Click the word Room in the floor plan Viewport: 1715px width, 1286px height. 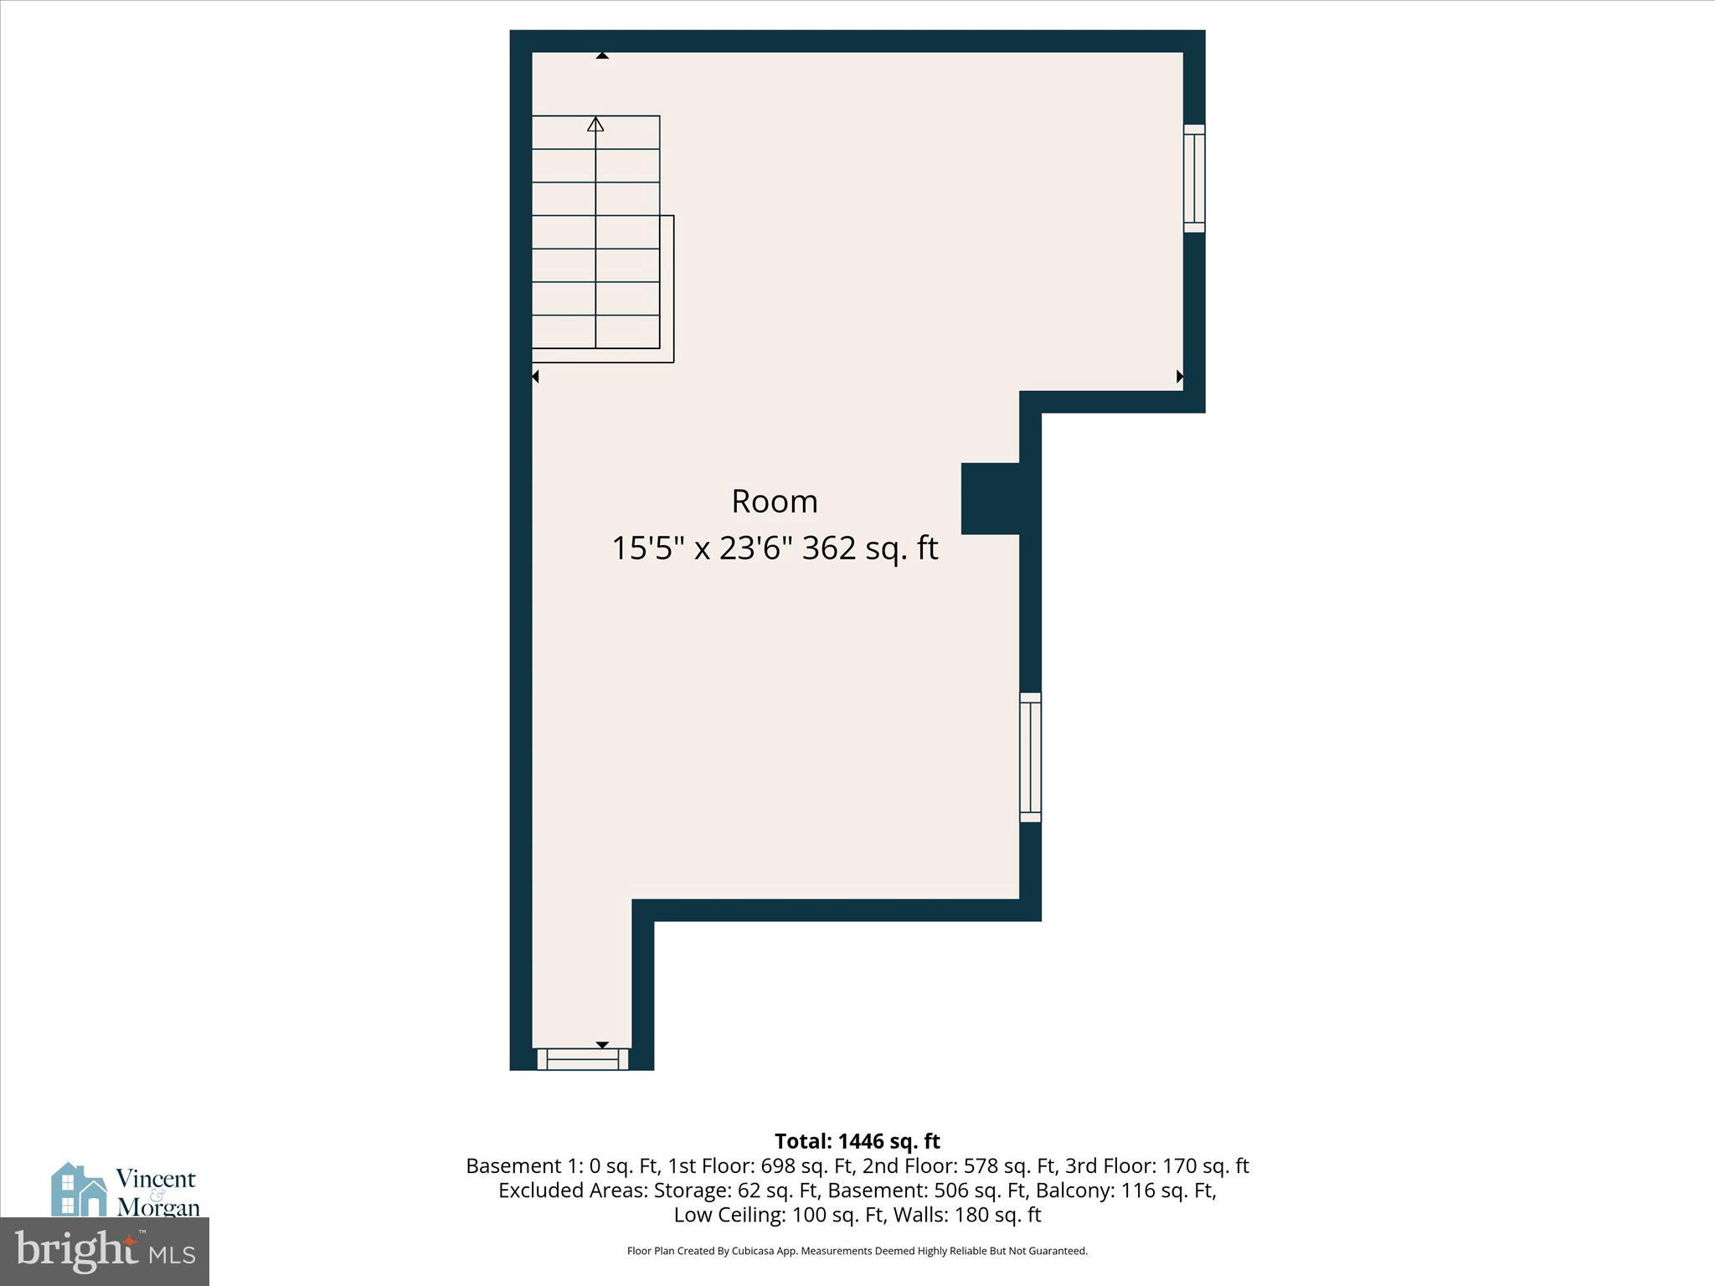coord(774,502)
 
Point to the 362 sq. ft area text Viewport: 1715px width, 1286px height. coord(870,549)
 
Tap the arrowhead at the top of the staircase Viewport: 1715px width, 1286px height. coord(595,125)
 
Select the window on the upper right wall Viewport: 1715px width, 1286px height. coord(1194,178)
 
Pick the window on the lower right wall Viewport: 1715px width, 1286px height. coord(1030,758)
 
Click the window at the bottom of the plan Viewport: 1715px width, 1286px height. coord(583,1059)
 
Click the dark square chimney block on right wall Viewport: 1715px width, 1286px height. coord(991,498)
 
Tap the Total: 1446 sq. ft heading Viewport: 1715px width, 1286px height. coord(857,1141)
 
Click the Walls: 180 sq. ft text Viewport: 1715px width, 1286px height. coord(967,1215)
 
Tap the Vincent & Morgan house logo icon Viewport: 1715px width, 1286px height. coord(80,1189)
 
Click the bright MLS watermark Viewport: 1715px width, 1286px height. coord(105,1252)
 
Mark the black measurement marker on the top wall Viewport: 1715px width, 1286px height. coord(602,56)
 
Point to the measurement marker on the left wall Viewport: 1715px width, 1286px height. coord(535,377)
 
